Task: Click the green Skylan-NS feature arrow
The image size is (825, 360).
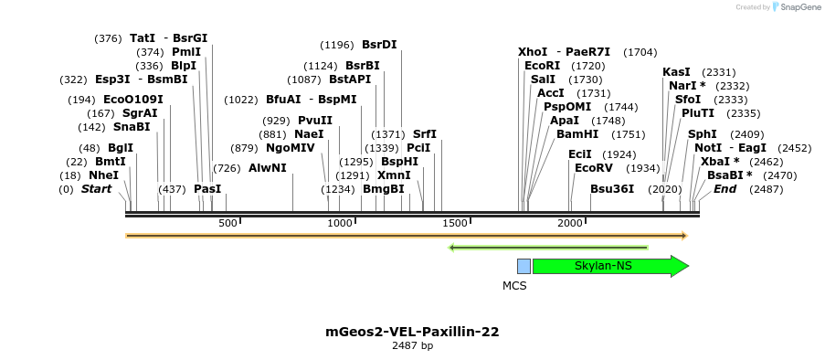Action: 608,266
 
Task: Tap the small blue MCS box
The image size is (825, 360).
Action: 524,266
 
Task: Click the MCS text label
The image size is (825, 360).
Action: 514,285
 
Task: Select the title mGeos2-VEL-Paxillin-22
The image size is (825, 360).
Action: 412,332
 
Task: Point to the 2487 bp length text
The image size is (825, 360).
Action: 412,346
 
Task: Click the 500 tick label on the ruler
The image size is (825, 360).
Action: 227,223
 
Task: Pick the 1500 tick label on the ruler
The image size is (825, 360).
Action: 454,223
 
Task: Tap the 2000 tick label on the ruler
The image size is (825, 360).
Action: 570,223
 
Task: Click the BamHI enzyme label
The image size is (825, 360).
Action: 577,134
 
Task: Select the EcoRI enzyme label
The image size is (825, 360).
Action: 543,66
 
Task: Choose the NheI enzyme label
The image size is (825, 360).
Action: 103,175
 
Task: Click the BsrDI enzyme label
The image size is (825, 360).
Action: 379,44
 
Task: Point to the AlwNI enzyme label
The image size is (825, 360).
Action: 267,168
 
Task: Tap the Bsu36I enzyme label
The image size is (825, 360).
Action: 612,189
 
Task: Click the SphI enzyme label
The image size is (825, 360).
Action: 703,134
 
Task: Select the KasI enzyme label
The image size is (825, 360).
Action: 676,72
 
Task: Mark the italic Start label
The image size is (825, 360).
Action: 97,189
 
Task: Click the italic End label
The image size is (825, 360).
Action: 725,189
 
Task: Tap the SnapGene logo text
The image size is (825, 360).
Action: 798,7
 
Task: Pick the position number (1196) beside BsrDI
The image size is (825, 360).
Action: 336,45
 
